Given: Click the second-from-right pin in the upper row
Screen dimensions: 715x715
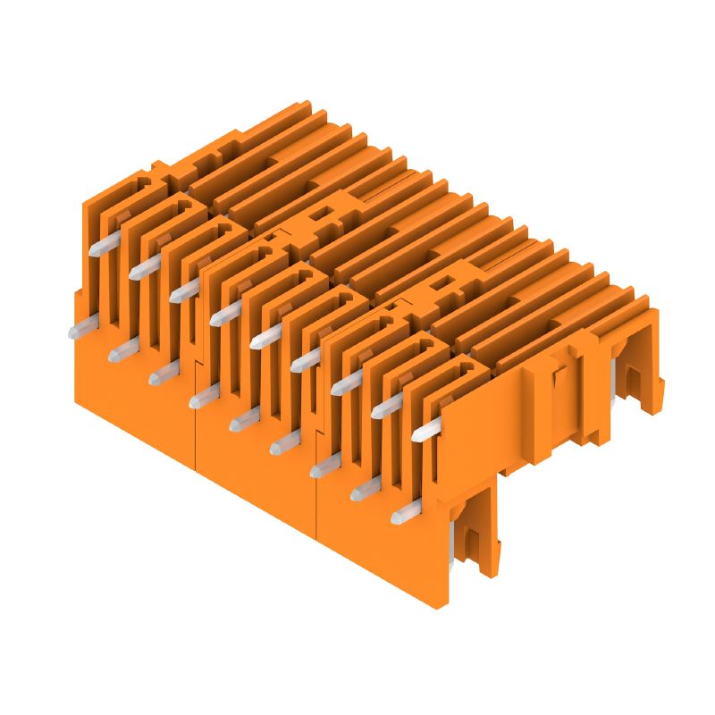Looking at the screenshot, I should (387, 408).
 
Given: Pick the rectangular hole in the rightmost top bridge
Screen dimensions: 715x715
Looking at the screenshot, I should (443, 285).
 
